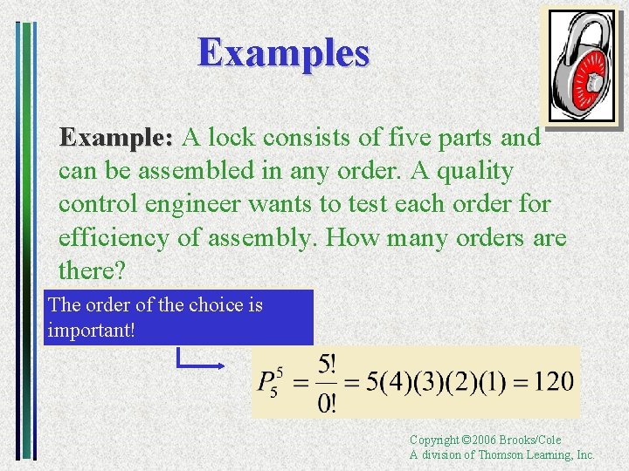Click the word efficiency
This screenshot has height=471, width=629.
tap(118, 237)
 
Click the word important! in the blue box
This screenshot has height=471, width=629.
tap(92, 331)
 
